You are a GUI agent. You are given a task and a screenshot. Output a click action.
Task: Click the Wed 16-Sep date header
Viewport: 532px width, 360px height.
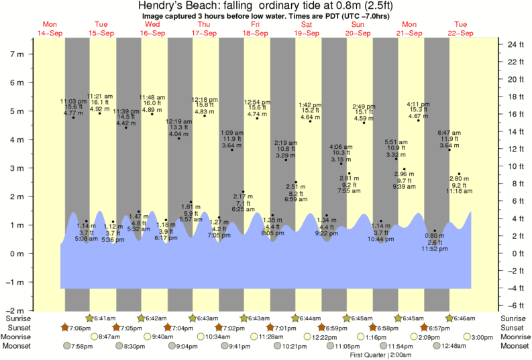[153, 29]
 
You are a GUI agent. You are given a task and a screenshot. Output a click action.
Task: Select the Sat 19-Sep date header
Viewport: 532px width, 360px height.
[306, 29]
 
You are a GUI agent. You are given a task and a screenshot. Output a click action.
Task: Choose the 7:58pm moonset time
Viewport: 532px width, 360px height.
[83, 346]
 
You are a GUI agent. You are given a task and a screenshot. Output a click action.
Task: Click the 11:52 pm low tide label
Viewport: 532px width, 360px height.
[434, 249]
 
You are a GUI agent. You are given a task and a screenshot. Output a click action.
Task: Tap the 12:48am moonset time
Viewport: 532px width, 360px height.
[454, 346]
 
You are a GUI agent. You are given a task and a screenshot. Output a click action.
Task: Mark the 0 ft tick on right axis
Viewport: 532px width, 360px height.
[512, 253]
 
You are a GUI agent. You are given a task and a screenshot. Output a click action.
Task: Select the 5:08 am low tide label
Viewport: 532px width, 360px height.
[87, 238]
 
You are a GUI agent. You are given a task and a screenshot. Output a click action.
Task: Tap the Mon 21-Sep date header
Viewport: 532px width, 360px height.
[408, 29]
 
